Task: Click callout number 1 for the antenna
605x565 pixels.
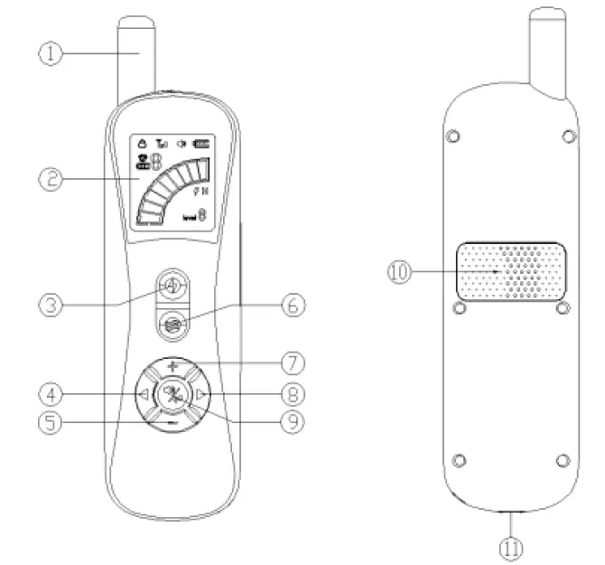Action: click(52, 53)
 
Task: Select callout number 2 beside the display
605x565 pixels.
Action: click(52, 178)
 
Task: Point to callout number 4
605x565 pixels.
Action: click(52, 393)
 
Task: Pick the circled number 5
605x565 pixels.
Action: click(52, 422)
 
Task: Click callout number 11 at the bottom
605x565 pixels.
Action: click(511, 546)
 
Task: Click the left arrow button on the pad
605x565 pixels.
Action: click(143, 394)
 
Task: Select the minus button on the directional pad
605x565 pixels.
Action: click(172, 420)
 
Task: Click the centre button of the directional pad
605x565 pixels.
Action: click(172, 394)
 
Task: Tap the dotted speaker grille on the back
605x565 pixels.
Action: click(512, 271)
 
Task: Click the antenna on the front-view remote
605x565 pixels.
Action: click(137, 54)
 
